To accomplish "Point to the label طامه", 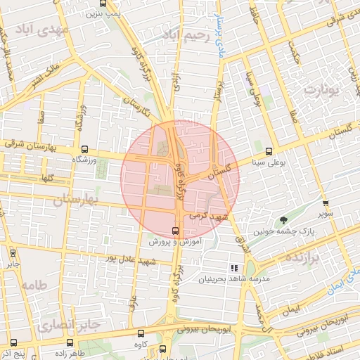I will pos(34,285).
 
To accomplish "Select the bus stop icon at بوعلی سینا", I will pos(269,151).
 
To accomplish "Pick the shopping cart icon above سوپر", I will pos(324,201).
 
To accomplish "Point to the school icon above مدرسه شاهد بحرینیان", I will pos(234,268).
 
